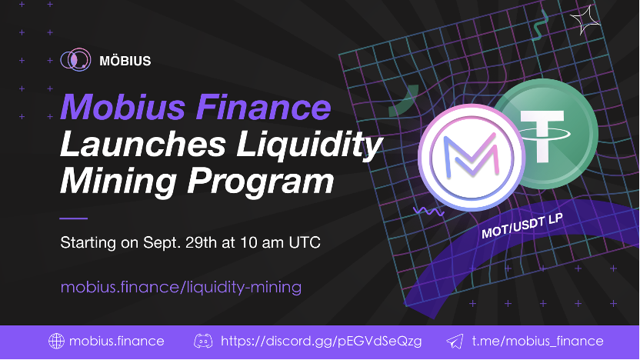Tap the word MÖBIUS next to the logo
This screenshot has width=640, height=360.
coord(125,60)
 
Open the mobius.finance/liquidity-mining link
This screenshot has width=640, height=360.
coord(181,287)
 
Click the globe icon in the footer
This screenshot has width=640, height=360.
coord(55,341)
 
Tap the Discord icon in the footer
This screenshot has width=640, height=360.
coord(202,341)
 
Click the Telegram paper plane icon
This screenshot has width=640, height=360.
coord(455,341)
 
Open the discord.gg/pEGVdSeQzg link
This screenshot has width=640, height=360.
coord(321,341)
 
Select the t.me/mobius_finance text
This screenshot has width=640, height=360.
coord(537,341)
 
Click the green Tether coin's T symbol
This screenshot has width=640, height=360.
coord(544,131)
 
